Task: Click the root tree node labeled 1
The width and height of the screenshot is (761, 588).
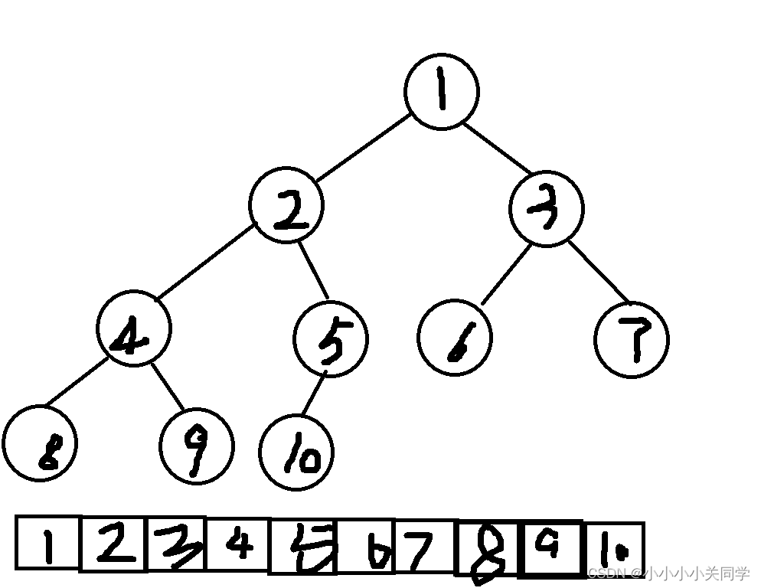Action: [442, 91]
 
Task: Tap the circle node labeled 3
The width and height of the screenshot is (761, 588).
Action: [546, 209]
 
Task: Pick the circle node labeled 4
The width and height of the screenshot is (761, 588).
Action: [134, 329]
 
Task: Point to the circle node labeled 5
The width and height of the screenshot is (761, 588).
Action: [331, 338]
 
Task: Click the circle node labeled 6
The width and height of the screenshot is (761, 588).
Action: [455, 339]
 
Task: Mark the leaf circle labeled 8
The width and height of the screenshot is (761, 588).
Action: [40, 443]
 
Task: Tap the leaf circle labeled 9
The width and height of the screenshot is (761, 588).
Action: [196, 445]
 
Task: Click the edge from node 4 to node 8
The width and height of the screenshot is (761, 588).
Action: [75, 382]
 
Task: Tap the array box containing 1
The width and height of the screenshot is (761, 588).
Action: [48, 544]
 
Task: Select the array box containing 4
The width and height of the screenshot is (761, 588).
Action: [239, 545]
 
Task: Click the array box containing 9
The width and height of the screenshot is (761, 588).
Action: [550, 548]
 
